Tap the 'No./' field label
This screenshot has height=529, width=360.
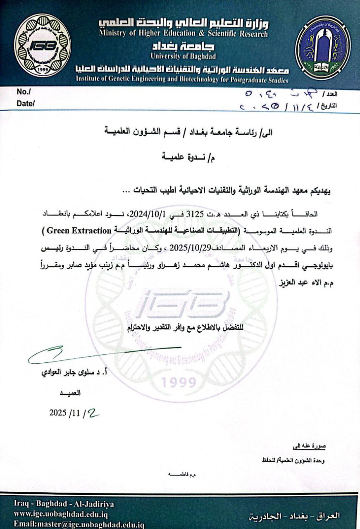(x=24, y=92)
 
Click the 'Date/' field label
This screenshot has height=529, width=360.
(x=25, y=104)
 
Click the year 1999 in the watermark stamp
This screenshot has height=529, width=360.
(x=179, y=383)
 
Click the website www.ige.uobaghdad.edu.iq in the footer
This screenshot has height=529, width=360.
(x=61, y=515)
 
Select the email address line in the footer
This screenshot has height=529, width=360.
(x=79, y=524)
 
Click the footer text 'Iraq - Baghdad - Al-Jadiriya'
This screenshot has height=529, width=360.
(x=64, y=504)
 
